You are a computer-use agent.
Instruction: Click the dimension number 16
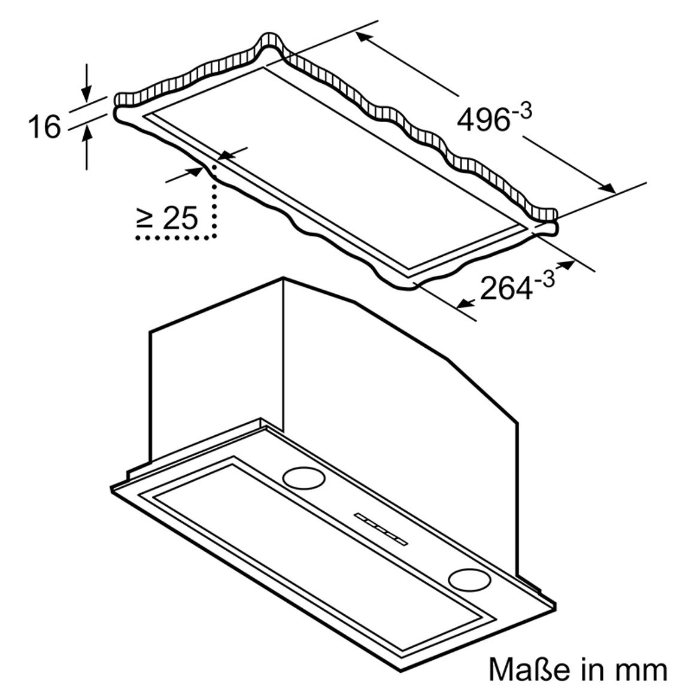coord(44,127)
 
